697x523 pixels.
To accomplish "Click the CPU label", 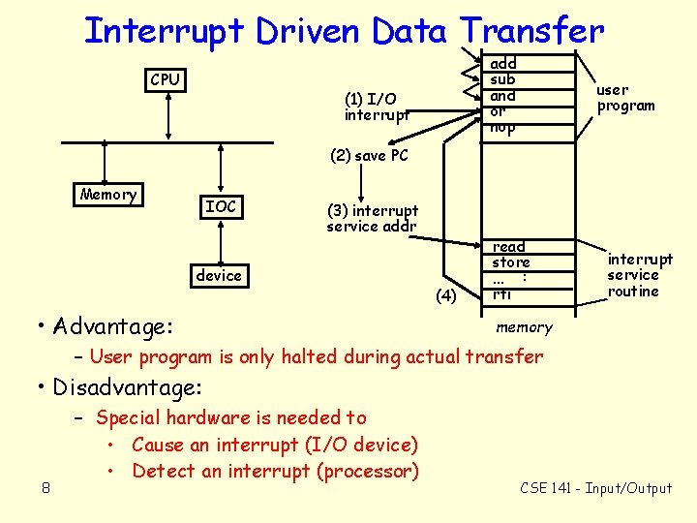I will tap(165, 79).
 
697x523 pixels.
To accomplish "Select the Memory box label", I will tap(108, 195).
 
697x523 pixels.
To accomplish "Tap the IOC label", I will tap(222, 206).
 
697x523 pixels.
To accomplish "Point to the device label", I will tap(219, 276).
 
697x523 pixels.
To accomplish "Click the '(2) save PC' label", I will tap(369, 155).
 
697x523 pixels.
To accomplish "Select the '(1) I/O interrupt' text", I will tap(376, 107).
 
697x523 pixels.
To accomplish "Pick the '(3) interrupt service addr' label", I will tap(373, 218).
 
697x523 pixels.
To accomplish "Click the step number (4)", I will tap(445, 295).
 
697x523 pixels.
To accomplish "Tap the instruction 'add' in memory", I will tap(503, 63).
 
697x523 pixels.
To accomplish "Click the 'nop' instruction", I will tap(503, 127).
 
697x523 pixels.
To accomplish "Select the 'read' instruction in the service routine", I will tap(509, 247).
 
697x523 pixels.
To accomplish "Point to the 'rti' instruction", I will tap(502, 293).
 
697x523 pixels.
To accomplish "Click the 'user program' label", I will tap(625, 98).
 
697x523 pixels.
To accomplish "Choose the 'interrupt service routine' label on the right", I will tap(640, 275).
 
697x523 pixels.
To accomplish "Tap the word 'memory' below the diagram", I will tap(524, 327).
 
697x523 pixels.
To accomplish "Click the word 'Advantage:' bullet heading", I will tap(114, 325).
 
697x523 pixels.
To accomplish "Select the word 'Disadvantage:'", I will tap(128, 388).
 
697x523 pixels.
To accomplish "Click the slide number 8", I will tap(45, 487).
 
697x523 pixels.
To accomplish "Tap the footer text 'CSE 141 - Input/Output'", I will tap(595, 488).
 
